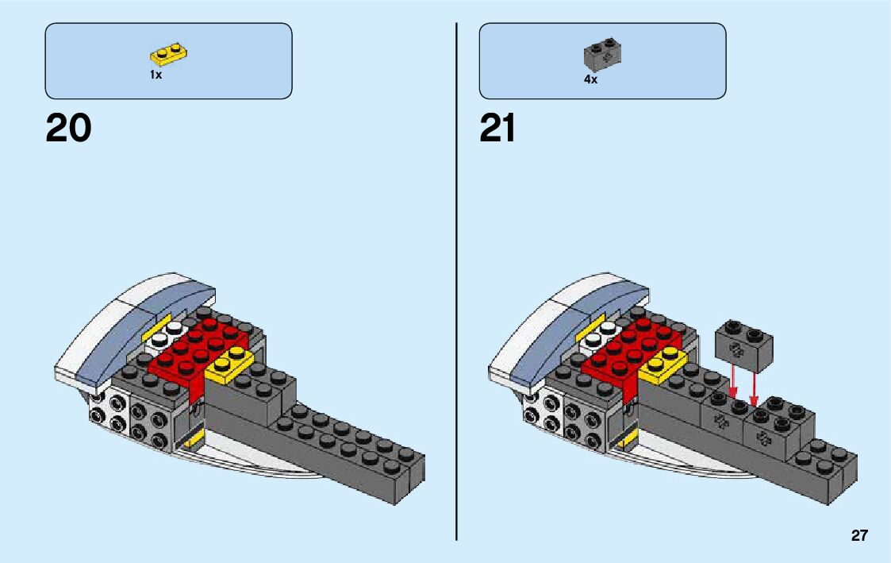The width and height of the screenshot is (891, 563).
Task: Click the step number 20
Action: [68, 129]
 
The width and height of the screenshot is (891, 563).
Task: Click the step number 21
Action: [497, 129]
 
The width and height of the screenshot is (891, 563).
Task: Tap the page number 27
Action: [859, 536]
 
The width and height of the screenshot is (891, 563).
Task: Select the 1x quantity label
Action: [156, 75]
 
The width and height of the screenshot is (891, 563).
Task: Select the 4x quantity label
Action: [590, 80]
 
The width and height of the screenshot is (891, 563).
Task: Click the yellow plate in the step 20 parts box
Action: [168, 55]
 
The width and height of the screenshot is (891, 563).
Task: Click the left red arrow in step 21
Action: [733, 385]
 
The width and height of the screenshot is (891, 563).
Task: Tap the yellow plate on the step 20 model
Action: [229, 364]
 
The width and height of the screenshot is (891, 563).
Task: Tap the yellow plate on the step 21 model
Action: [662, 364]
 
